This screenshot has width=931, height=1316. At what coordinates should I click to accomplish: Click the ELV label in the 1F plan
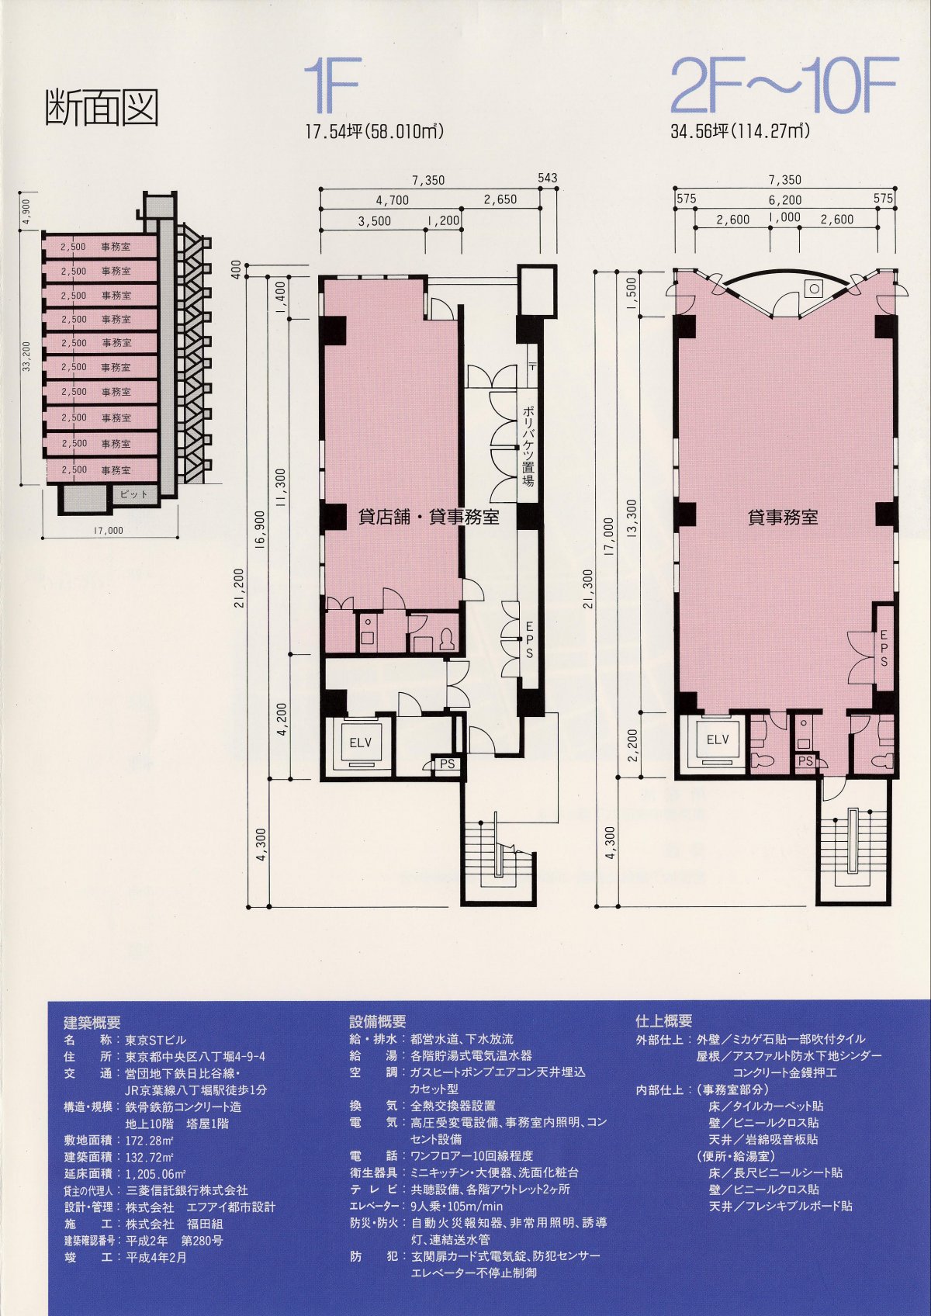[360, 743]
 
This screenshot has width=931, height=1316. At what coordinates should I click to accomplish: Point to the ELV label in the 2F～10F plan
[718, 739]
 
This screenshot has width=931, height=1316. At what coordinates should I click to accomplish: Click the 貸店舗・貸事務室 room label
[428, 516]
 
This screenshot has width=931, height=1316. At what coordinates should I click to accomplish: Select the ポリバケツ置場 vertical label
[528, 446]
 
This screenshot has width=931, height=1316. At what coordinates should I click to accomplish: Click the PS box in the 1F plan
[447, 764]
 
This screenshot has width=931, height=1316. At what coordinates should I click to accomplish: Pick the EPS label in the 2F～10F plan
[884, 648]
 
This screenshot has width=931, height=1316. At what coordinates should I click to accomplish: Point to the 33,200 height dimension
[26, 357]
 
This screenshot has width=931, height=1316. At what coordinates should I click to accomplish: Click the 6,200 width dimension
[785, 200]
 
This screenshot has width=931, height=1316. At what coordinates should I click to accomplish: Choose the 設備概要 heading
[378, 1022]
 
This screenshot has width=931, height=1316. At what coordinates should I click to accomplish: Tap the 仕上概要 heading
[663, 1021]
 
